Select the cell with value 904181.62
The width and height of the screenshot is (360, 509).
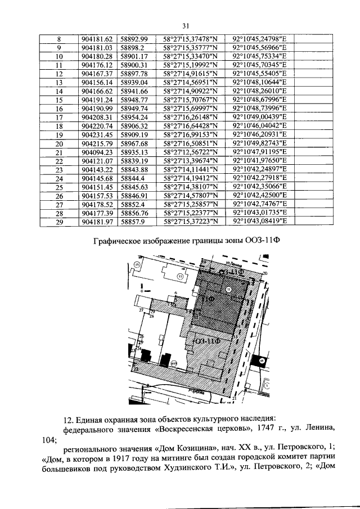(x=97, y=39)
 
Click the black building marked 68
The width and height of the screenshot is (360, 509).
(x=260, y=360)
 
